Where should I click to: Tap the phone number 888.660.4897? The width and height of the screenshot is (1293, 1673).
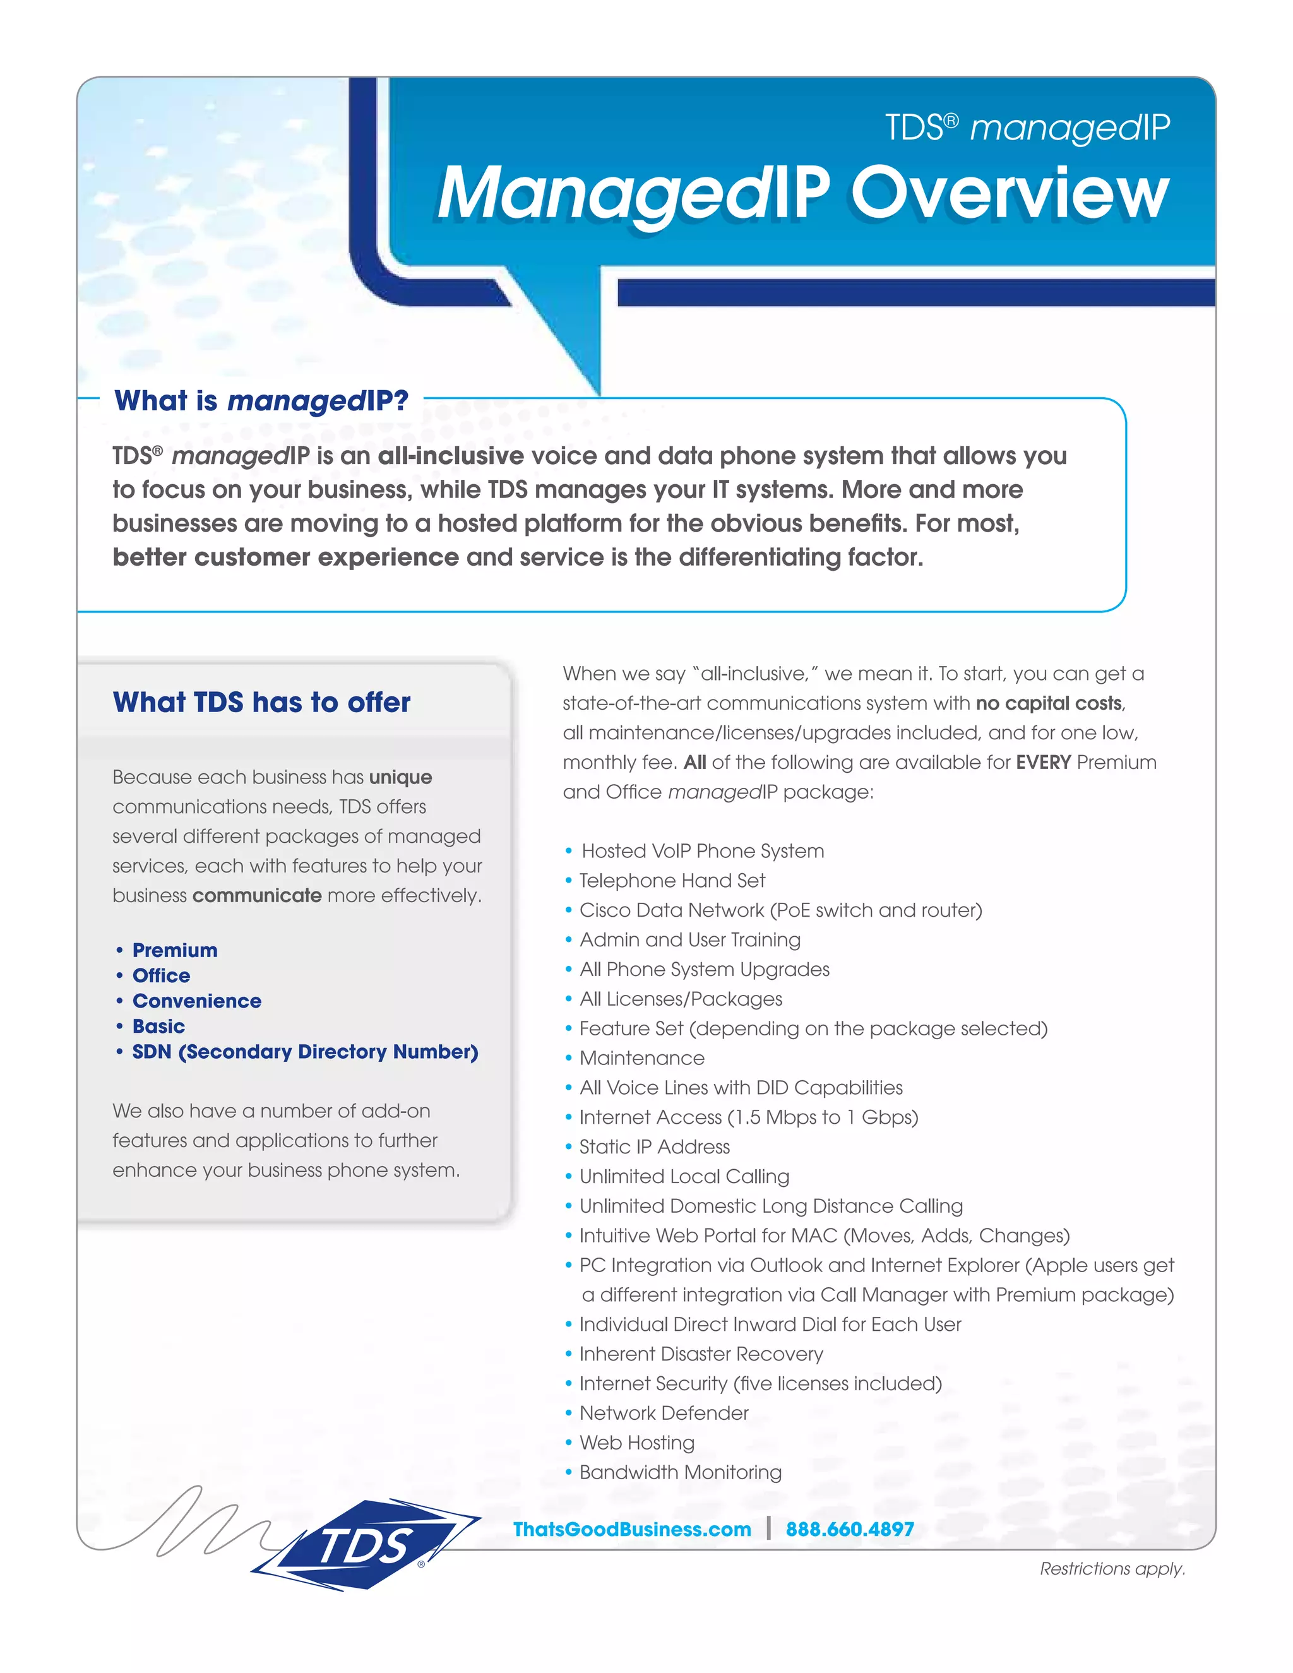pos(850,1529)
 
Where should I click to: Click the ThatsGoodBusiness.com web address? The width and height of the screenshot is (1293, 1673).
pos(632,1529)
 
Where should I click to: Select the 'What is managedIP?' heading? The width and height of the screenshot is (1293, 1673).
pos(261,401)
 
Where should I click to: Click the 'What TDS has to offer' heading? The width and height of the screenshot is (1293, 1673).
pos(261,701)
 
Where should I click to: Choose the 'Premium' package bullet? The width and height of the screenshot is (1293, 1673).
pos(175,950)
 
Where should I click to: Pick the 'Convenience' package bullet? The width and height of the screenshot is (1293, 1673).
pos(197,1001)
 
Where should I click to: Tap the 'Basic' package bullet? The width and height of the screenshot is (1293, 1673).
pos(158,1026)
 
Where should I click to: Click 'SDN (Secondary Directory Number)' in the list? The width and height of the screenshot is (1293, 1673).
pos(305,1052)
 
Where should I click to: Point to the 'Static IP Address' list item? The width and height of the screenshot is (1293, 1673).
pos(654,1146)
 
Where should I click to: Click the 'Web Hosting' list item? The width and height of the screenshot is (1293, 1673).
pos(636,1443)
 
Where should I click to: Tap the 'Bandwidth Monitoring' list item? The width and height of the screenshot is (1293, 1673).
pos(680,1472)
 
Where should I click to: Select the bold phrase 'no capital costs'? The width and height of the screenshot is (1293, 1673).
pos(1049,703)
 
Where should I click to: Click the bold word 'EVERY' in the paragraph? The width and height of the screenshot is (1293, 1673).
pos(1042,762)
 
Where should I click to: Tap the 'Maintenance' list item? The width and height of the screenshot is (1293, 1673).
pos(642,1058)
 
